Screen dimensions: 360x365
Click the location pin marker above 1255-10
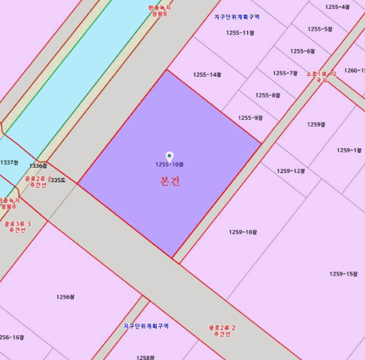[169, 156]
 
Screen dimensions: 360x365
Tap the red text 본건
[169, 181]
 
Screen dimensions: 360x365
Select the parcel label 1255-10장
[169, 165]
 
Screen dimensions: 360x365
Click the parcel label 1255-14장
[208, 75]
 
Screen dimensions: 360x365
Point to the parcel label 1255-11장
[240, 33]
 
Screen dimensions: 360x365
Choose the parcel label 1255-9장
[250, 118]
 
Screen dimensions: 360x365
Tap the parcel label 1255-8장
[268, 95]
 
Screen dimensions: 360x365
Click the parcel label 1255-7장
[285, 73]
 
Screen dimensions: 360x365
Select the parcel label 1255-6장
[302, 51]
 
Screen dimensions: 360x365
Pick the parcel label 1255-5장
[320, 29]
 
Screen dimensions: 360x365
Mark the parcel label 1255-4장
[337, 7]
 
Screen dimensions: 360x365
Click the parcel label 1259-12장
[290, 171]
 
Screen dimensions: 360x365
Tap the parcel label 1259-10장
[243, 232]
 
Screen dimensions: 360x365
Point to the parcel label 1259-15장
[344, 274]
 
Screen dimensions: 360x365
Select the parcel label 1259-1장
[349, 150]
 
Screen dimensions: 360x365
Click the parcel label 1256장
[66, 297]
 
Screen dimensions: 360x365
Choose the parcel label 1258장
[145, 357]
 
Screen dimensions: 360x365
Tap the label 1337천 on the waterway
[9, 163]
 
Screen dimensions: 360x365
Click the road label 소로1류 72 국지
[321, 77]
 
